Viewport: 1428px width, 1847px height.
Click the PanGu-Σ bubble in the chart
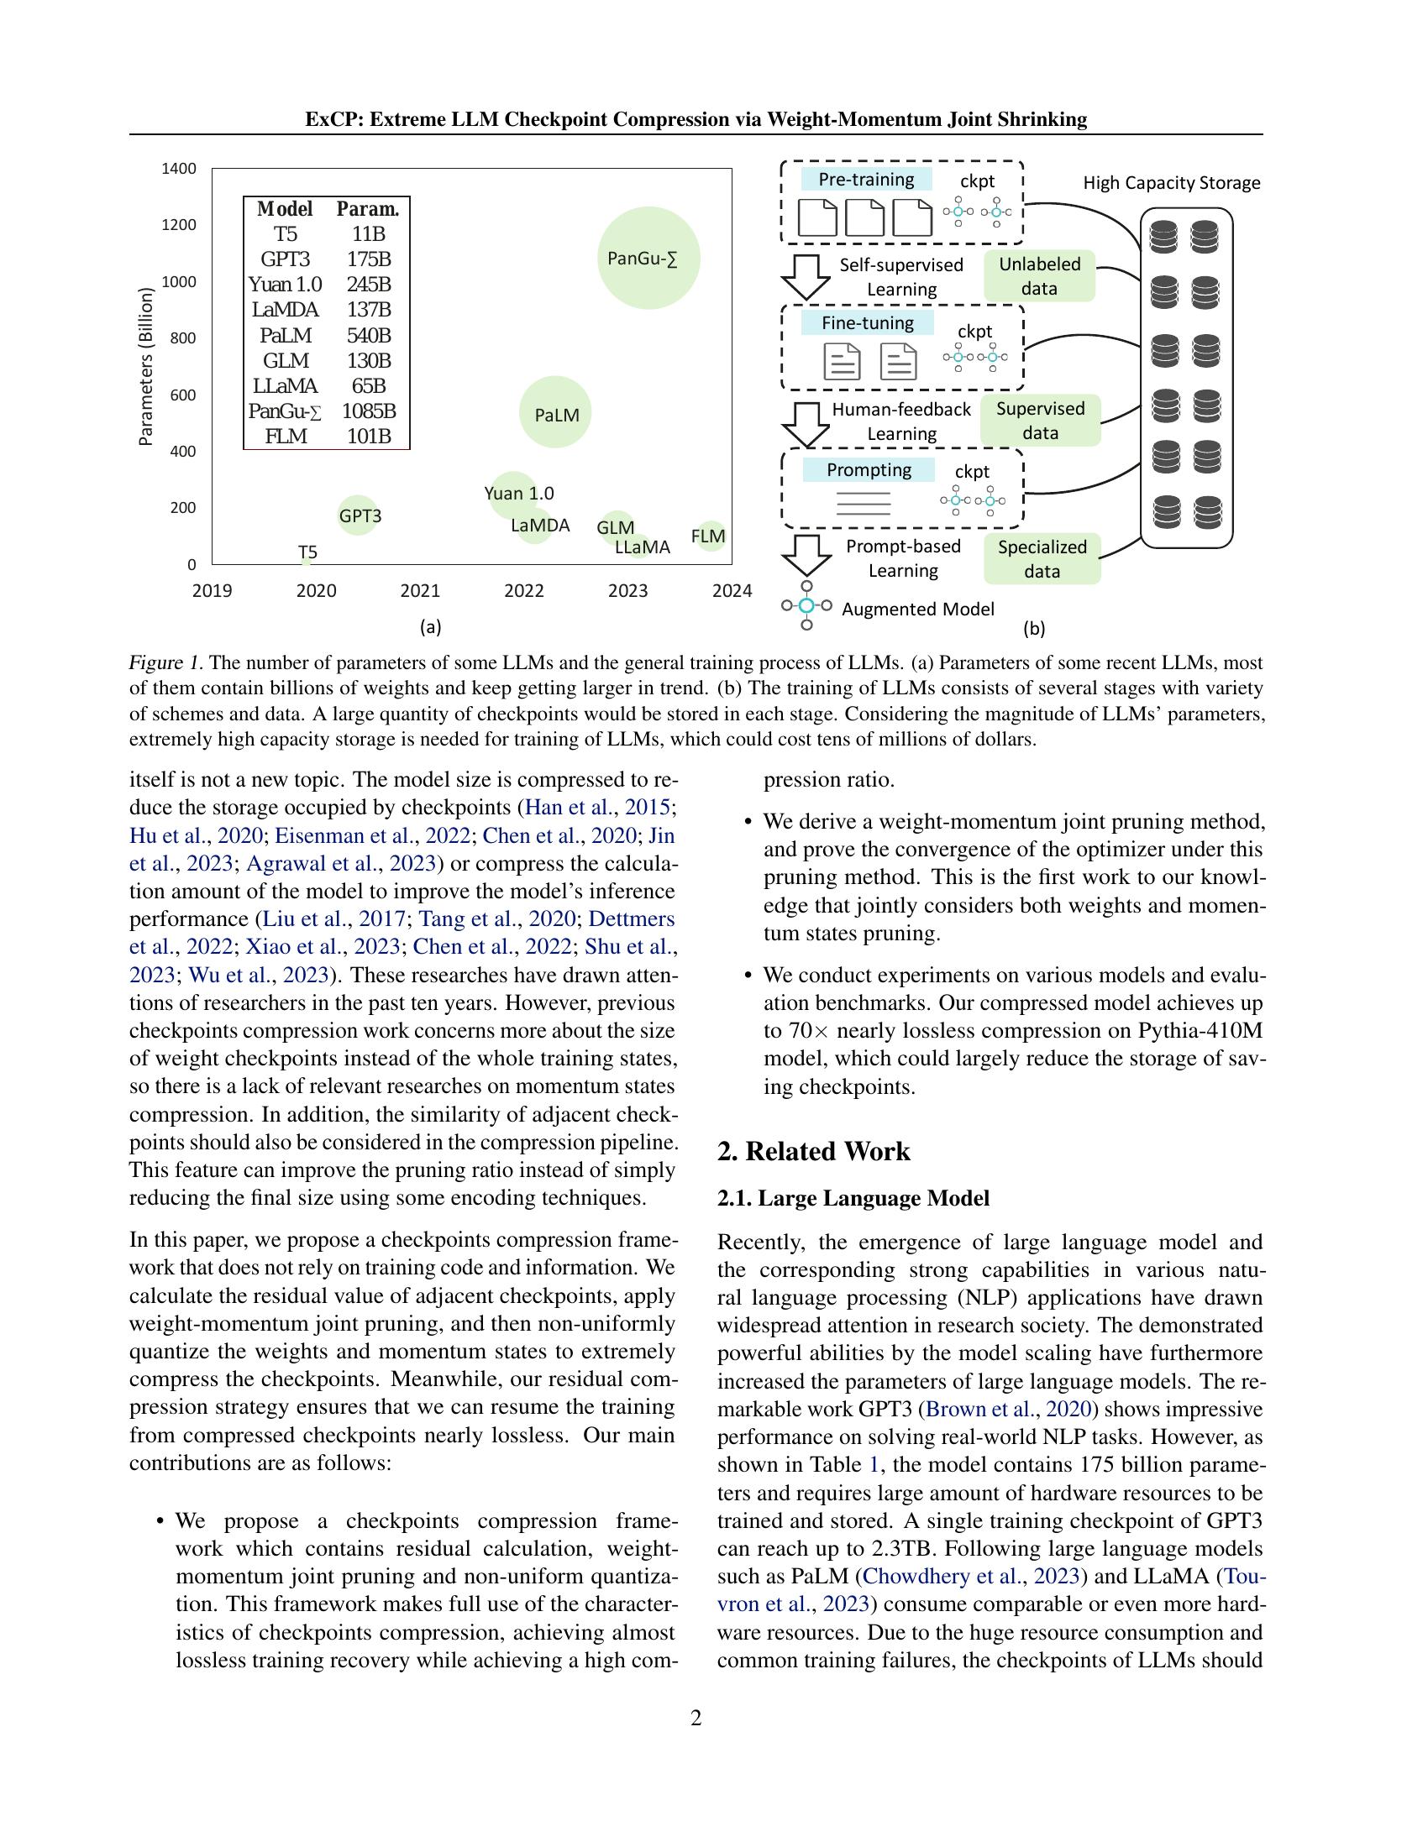648,257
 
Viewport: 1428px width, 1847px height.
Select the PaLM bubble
555,413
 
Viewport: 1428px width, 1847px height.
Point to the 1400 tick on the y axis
178,168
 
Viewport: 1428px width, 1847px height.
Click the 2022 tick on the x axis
523,590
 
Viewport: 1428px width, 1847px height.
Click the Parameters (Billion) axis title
146,366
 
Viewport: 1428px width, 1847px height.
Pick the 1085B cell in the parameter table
369,411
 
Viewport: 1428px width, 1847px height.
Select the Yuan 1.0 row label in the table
285,284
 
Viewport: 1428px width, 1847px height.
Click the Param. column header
368,209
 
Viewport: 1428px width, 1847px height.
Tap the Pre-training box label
865,180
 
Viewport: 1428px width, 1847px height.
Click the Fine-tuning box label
867,323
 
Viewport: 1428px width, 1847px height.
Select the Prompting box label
868,470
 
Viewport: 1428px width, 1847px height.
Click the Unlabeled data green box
1039,275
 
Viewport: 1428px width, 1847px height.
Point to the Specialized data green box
1042,558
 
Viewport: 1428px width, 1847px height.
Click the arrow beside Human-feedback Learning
806,424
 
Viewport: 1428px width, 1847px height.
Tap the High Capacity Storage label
1171,183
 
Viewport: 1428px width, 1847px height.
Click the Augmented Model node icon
806,606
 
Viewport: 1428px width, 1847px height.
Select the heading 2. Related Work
813,1151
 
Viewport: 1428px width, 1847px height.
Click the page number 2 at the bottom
696,1718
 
